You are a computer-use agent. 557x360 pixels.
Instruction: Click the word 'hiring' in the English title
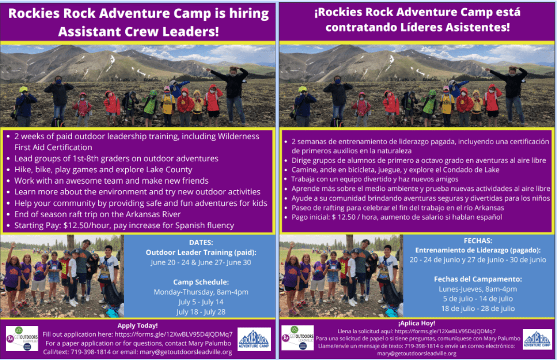pyautogui.click(x=248, y=14)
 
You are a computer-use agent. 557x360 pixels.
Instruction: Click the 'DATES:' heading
pyautogui.click(x=201, y=243)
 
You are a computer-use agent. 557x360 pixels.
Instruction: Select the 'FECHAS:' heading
pyautogui.click(x=478, y=241)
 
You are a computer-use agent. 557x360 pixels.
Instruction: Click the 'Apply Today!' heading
pyautogui.click(x=138, y=325)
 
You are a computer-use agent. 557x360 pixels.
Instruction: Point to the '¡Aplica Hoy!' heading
pyautogui.click(x=417, y=323)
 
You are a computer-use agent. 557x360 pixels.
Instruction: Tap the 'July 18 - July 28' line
pyautogui.click(x=201, y=312)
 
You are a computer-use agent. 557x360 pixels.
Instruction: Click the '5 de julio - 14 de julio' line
pyautogui.click(x=478, y=298)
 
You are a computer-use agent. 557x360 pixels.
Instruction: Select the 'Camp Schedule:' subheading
pyautogui.click(x=201, y=282)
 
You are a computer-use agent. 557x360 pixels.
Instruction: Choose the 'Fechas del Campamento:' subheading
pyautogui.click(x=478, y=279)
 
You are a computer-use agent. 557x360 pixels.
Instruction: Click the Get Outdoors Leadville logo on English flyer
pyautogui.click(x=22, y=338)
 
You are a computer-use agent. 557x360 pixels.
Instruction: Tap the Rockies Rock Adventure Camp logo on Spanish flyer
pyautogui.click(x=537, y=339)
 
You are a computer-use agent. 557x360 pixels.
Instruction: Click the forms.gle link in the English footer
pyautogui.click(x=174, y=335)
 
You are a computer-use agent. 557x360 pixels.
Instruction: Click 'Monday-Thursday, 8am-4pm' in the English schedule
pyautogui.click(x=201, y=292)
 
